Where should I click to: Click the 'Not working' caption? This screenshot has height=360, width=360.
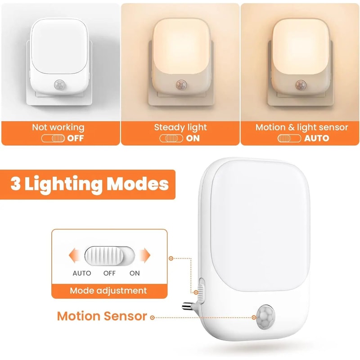click(x=58, y=127)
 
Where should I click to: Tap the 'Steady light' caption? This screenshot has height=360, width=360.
click(x=180, y=127)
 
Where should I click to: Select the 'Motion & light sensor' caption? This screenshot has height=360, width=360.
click(x=301, y=127)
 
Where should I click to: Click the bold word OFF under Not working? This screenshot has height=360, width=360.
click(x=75, y=138)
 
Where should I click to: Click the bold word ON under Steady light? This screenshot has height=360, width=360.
click(x=193, y=138)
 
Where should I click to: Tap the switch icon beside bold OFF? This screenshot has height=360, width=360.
click(x=53, y=138)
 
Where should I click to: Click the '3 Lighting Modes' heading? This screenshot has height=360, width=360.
click(x=90, y=184)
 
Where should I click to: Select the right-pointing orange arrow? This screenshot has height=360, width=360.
click(x=144, y=256)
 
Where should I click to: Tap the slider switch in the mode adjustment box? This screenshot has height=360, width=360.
click(x=109, y=256)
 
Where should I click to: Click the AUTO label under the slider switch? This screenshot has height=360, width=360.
click(x=81, y=273)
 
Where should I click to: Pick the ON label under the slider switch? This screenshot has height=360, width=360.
click(x=135, y=273)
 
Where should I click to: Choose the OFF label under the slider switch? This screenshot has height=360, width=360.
click(x=109, y=273)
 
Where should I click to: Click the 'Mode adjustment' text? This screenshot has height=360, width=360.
click(x=108, y=291)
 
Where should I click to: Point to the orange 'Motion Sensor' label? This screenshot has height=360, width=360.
click(x=102, y=316)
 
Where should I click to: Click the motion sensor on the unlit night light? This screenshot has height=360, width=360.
click(x=59, y=84)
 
